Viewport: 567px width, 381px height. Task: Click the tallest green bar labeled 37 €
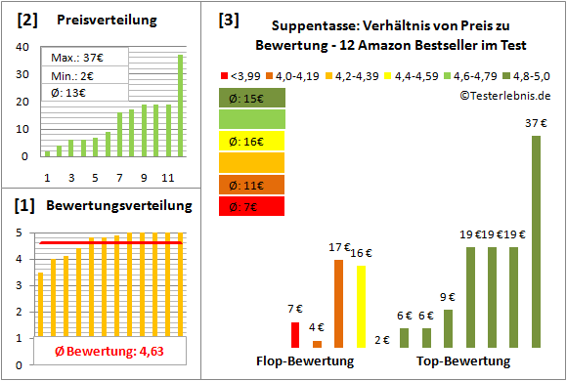point(536,241)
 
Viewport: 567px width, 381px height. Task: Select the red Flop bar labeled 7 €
point(295,335)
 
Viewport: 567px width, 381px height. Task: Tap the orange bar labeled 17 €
point(338,304)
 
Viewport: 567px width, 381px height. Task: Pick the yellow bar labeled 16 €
point(360,307)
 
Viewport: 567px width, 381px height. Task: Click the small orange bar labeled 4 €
point(317,344)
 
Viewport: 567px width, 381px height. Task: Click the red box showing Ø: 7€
point(252,206)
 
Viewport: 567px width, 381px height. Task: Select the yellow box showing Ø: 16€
point(252,141)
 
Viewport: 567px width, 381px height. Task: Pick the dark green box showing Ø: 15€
point(252,97)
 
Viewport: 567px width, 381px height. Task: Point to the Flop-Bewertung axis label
point(305,360)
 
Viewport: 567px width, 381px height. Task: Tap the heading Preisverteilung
point(101,20)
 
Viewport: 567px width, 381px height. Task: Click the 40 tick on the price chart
point(22,45)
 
